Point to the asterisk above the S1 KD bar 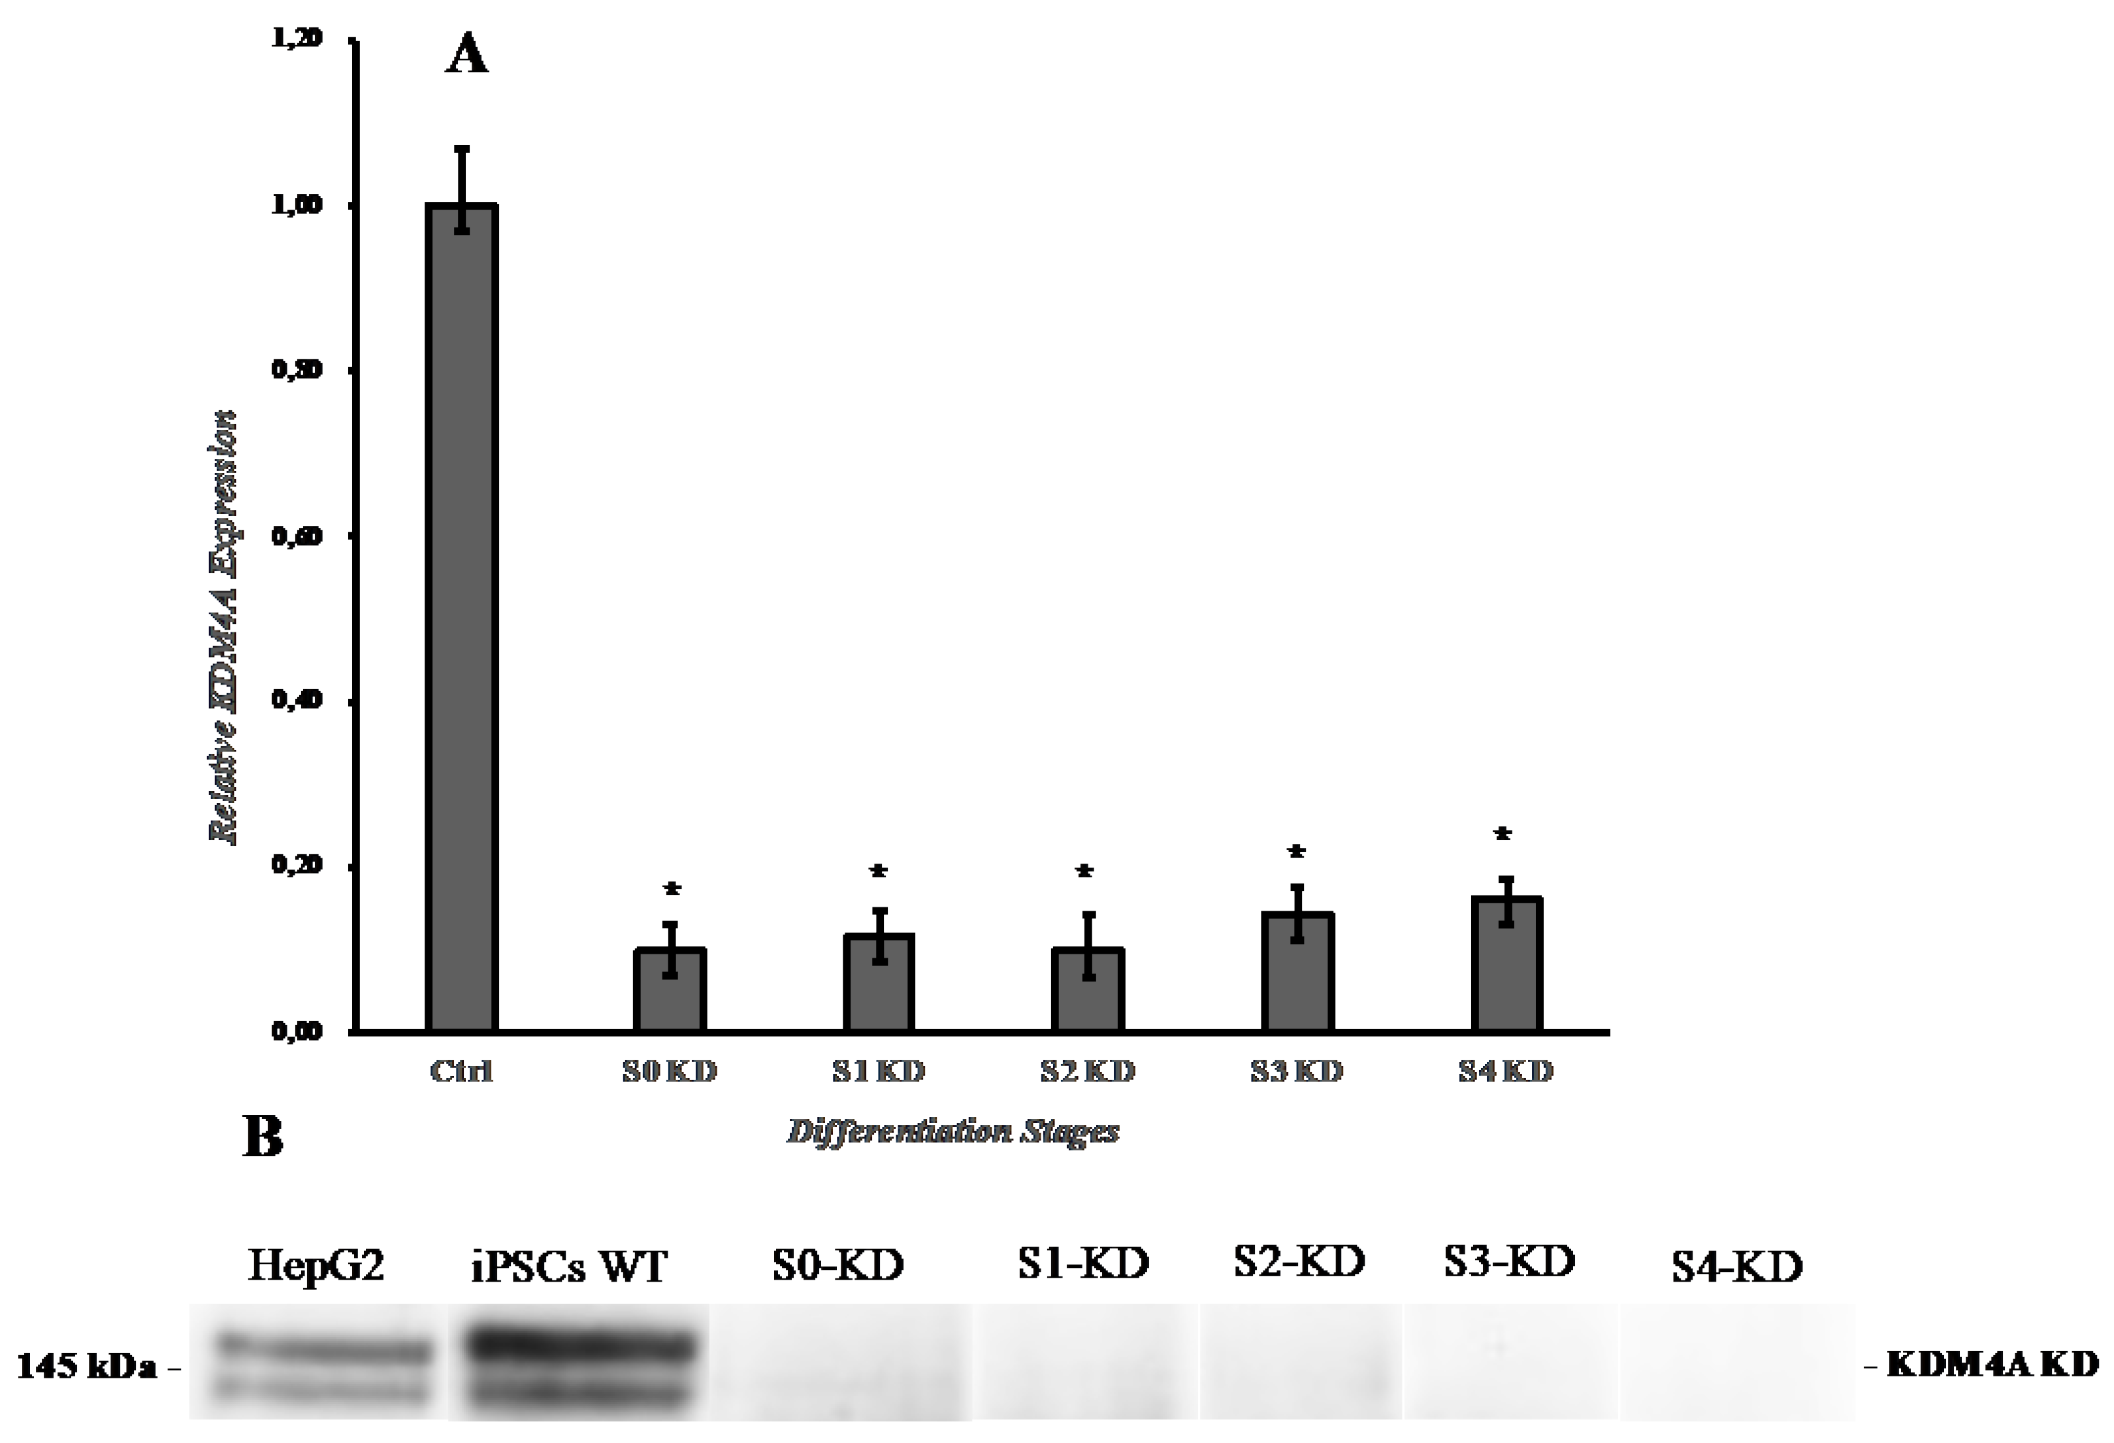tap(879, 871)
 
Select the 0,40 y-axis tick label tap(297, 700)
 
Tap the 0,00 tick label tap(297, 1031)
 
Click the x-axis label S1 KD tap(879, 1072)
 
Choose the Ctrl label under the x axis tap(461, 1072)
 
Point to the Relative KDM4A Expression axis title tap(225, 628)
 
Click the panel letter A tap(466, 56)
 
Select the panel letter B tap(263, 1137)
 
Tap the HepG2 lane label tap(316, 1265)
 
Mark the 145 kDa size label tap(88, 1366)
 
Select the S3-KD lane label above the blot tap(1509, 1261)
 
